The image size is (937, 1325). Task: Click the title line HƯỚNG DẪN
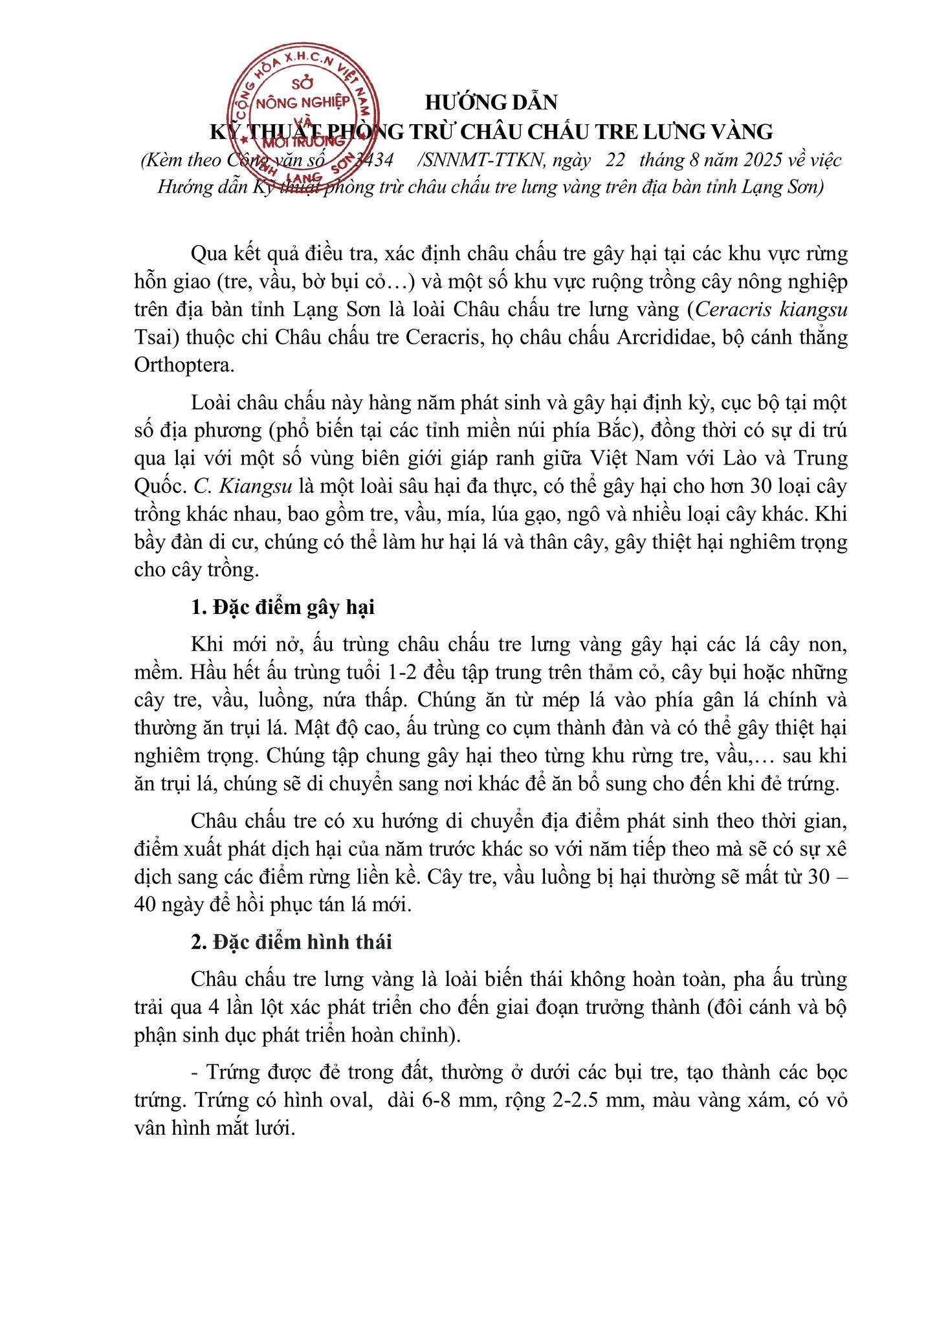coord(491,102)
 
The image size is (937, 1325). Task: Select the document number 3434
coord(375,160)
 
